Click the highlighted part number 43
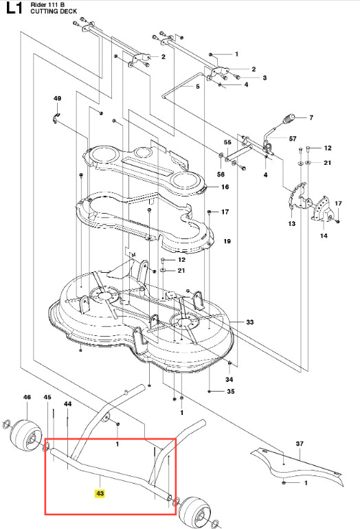click(x=100, y=493)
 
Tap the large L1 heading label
click(x=14, y=8)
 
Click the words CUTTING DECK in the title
click(x=54, y=11)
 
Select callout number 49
click(x=57, y=98)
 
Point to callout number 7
click(x=311, y=117)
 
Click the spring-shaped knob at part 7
click(x=289, y=119)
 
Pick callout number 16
click(x=225, y=187)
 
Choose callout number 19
click(x=227, y=241)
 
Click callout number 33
click(x=249, y=322)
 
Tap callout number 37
click(x=300, y=444)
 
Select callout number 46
click(x=27, y=397)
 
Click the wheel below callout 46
click(x=27, y=434)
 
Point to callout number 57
click(x=293, y=138)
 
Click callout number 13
click(x=292, y=223)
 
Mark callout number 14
click(x=324, y=236)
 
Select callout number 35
click(x=230, y=392)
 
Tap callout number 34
click(x=229, y=379)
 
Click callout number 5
click(x=198, y=87)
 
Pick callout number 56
click(x=221, y=174)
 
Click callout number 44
click(x=68, y=403)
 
